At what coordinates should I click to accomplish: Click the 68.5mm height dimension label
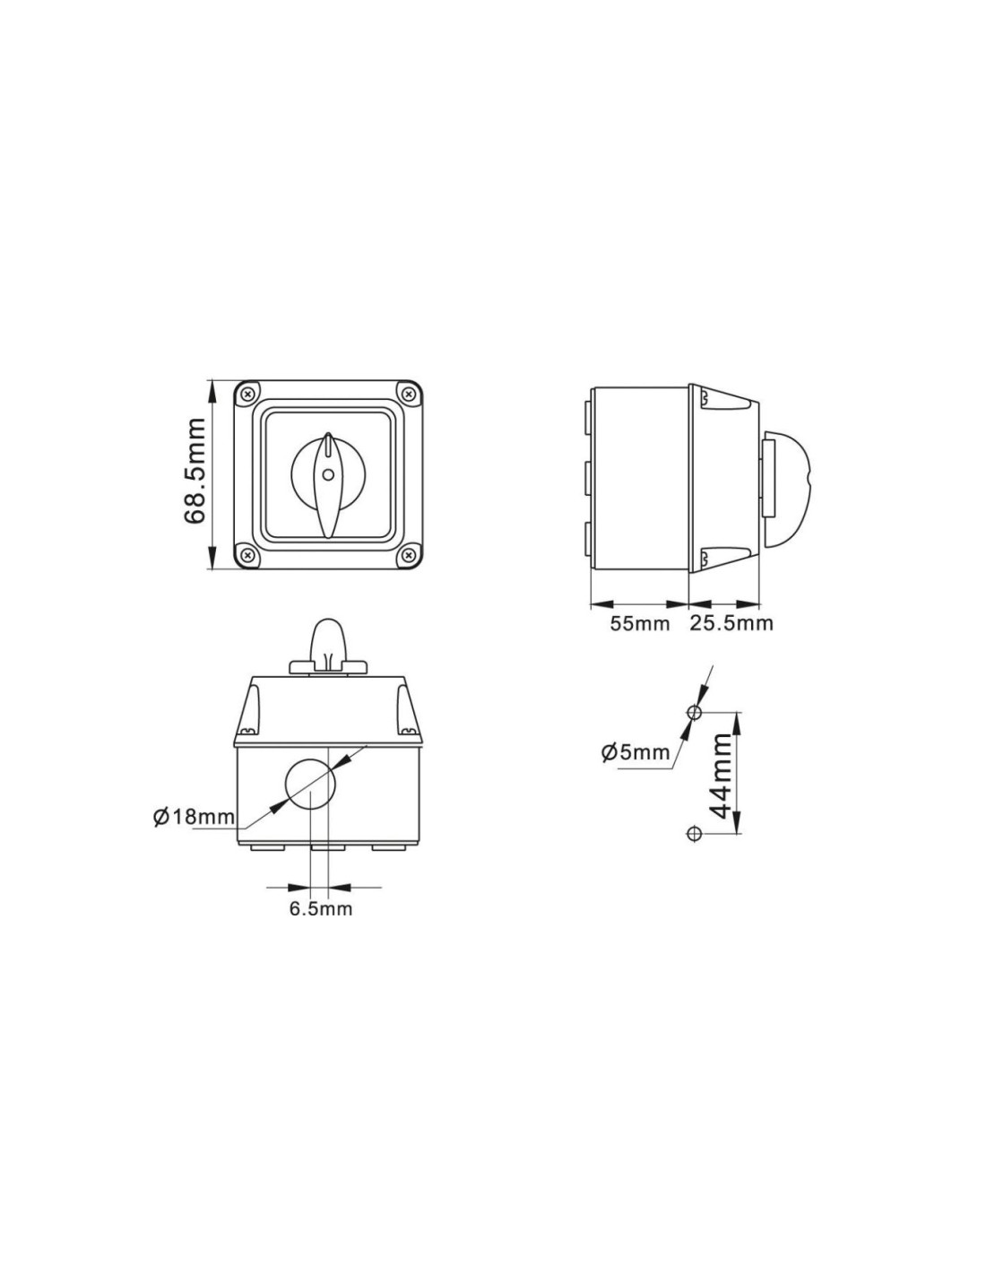195,471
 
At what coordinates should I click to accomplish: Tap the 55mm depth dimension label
639,623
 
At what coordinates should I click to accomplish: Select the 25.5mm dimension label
731,623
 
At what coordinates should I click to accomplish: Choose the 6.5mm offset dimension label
321,909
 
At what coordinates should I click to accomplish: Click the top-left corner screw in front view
248,393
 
